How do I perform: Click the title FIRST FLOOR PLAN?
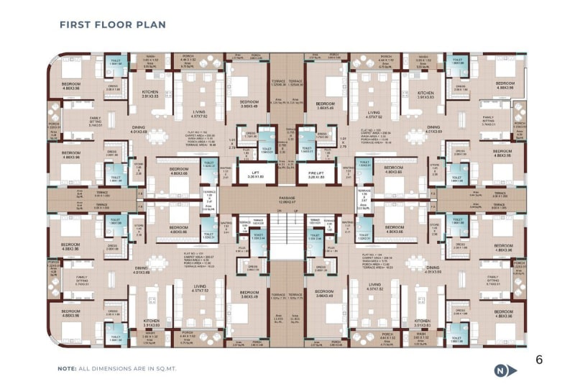pos(112,24)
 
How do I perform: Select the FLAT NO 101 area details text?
pos(197,260)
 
